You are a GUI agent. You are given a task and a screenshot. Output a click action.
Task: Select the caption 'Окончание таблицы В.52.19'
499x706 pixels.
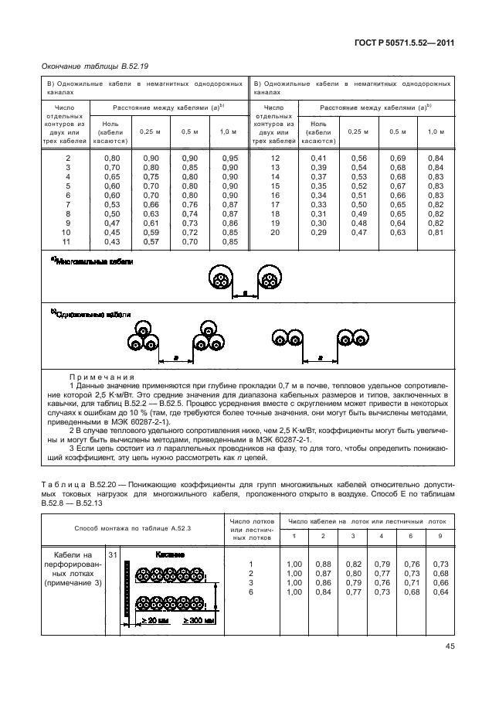(87, 67)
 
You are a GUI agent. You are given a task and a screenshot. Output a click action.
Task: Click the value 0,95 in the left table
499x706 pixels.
(229, 158)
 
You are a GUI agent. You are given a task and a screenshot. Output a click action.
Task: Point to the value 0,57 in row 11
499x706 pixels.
(151, 242)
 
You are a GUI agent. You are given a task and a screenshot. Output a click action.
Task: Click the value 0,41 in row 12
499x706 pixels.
(317, 158)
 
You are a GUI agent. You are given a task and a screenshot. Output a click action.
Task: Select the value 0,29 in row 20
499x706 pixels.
(317, 233)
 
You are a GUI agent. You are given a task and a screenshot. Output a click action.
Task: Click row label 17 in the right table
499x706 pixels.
(273, 205)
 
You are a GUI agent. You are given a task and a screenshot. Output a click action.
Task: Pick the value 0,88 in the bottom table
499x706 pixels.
(323, 564)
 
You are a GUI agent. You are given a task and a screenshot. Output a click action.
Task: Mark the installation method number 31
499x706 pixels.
(113, 555)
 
